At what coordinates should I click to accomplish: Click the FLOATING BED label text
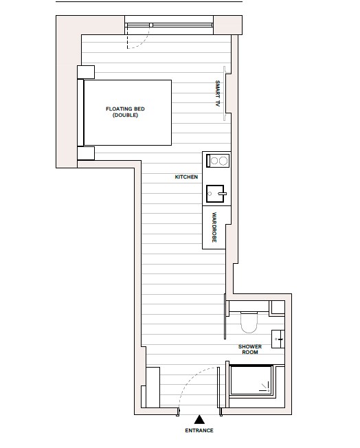(125, 109)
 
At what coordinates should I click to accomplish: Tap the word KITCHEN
(186, 177)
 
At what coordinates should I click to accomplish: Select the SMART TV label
(217, 93)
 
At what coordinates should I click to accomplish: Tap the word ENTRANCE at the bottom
(199, 431)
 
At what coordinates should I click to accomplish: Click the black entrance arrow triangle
(199, 418)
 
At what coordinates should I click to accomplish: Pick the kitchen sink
(216, 194)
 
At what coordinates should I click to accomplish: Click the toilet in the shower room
(248, 320)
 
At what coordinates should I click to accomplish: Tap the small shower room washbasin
(278, 338)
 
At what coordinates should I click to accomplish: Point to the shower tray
(251, 382)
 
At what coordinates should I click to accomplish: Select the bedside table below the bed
(86, 153)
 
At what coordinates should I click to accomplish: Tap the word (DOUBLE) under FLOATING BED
(126, 115)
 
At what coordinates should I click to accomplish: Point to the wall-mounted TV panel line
(224, 93)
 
